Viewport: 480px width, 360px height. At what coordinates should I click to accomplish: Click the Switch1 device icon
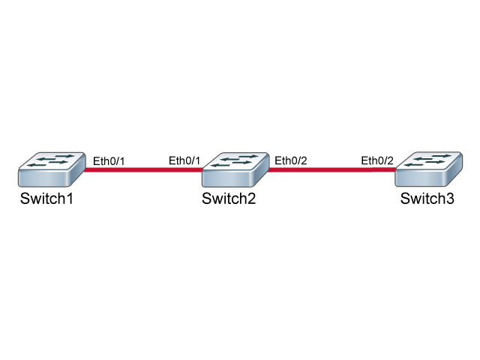click(52, 169)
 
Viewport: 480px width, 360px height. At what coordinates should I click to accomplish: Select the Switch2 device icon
click(235, 169)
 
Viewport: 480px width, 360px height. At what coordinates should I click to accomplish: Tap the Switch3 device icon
click(428, 169)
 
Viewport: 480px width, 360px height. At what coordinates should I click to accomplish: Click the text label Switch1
click(46, 198)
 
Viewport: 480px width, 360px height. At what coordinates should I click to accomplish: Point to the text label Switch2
click(229, 198)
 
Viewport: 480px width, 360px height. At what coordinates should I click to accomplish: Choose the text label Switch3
click(427, 198)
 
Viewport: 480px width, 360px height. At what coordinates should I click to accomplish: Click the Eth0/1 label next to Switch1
click(109, 161)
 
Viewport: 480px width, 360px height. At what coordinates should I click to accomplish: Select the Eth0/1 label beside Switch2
click(184, 160)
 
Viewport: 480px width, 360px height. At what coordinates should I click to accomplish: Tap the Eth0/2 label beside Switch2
click(291, 160)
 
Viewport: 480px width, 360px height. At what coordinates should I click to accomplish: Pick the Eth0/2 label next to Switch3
click(377, 160)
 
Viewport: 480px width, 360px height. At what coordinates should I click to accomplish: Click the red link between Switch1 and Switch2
click(143, 169)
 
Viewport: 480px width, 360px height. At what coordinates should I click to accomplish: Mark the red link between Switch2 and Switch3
click(331, 169)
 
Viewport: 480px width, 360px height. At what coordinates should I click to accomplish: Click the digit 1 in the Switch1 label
click(70, 198)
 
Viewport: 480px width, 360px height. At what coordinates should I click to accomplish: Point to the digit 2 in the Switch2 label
click(251, 198)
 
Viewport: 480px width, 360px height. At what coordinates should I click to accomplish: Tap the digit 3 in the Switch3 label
click(450, 198)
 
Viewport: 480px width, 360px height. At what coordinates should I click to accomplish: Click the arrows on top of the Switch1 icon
click(51, 160)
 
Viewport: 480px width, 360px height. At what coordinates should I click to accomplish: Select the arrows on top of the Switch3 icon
click(428, 160)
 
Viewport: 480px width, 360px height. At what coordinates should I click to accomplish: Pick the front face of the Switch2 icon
click(226, 178)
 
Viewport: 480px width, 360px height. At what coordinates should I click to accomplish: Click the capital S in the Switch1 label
click(25, 198)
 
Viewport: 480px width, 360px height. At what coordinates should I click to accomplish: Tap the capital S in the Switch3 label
click(405, 198)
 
